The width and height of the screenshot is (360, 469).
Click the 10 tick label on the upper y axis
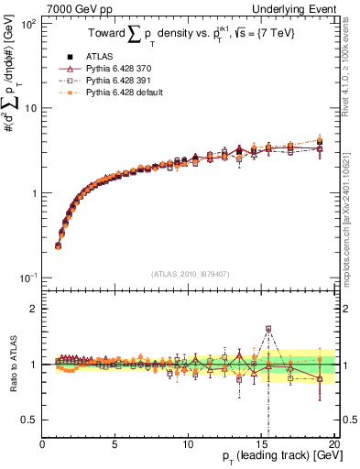pos(29,109)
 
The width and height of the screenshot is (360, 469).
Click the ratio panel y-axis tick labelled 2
pos(34,309)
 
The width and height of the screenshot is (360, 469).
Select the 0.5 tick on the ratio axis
pos(29,420)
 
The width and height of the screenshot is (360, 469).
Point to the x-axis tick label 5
pos(115,445)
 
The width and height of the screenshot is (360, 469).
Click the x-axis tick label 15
pos(260,445)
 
